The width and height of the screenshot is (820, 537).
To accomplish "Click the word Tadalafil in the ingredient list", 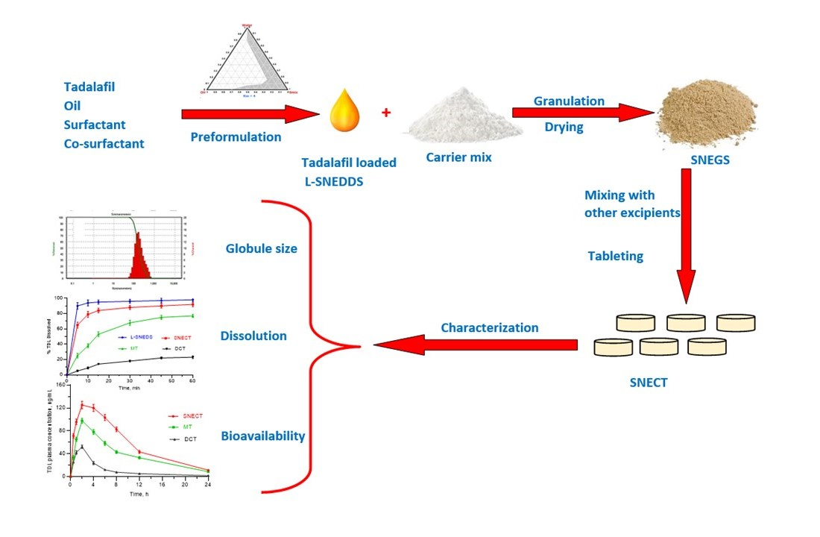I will click(89, 87).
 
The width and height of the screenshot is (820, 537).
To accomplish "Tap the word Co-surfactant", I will click(104, 143).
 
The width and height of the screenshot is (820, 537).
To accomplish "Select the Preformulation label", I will click(236, 137).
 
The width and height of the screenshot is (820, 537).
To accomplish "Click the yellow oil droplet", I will click(344, 110).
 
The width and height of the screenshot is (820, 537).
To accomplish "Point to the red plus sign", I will click(386, 113).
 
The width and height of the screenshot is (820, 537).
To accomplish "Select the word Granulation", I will click(569, 101).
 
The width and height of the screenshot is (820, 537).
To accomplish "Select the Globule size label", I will click(261, 248).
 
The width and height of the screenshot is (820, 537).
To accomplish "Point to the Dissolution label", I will click(253, 336).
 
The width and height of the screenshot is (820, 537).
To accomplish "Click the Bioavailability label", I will click(263, 436).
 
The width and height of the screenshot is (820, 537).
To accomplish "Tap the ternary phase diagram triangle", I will click(244, 63).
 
